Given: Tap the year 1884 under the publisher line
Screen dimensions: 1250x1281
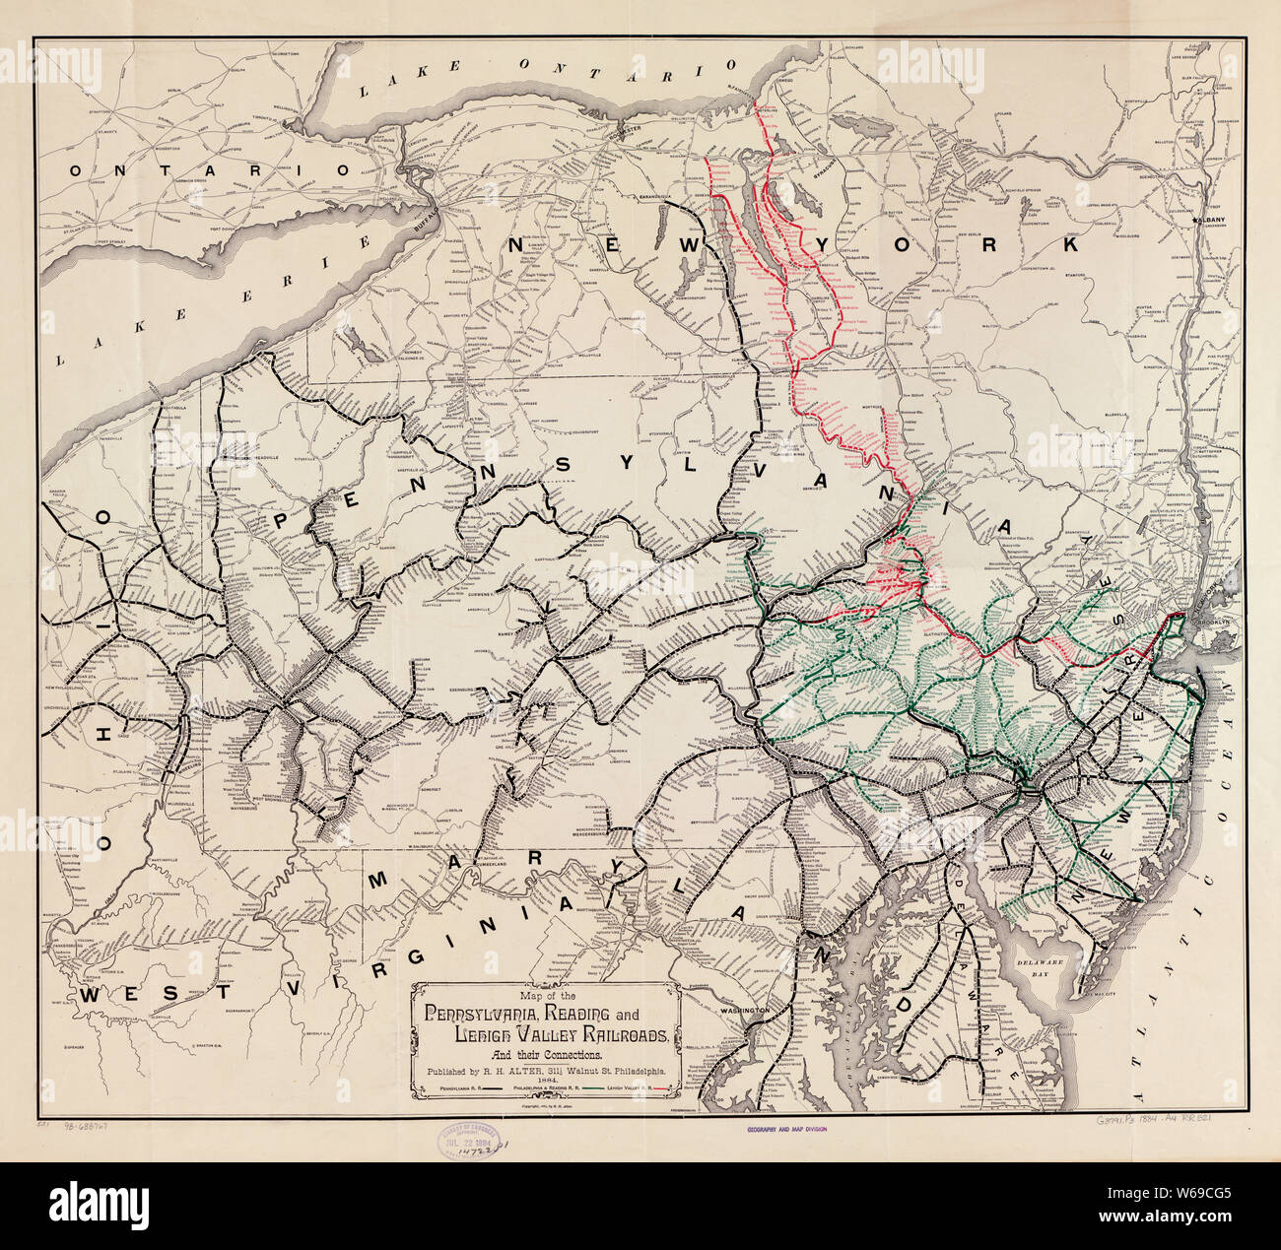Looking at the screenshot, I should pyautogui.click(x=547, y=1080).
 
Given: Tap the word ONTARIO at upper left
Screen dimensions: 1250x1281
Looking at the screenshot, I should pyautogui.click(x=209, y=169).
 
